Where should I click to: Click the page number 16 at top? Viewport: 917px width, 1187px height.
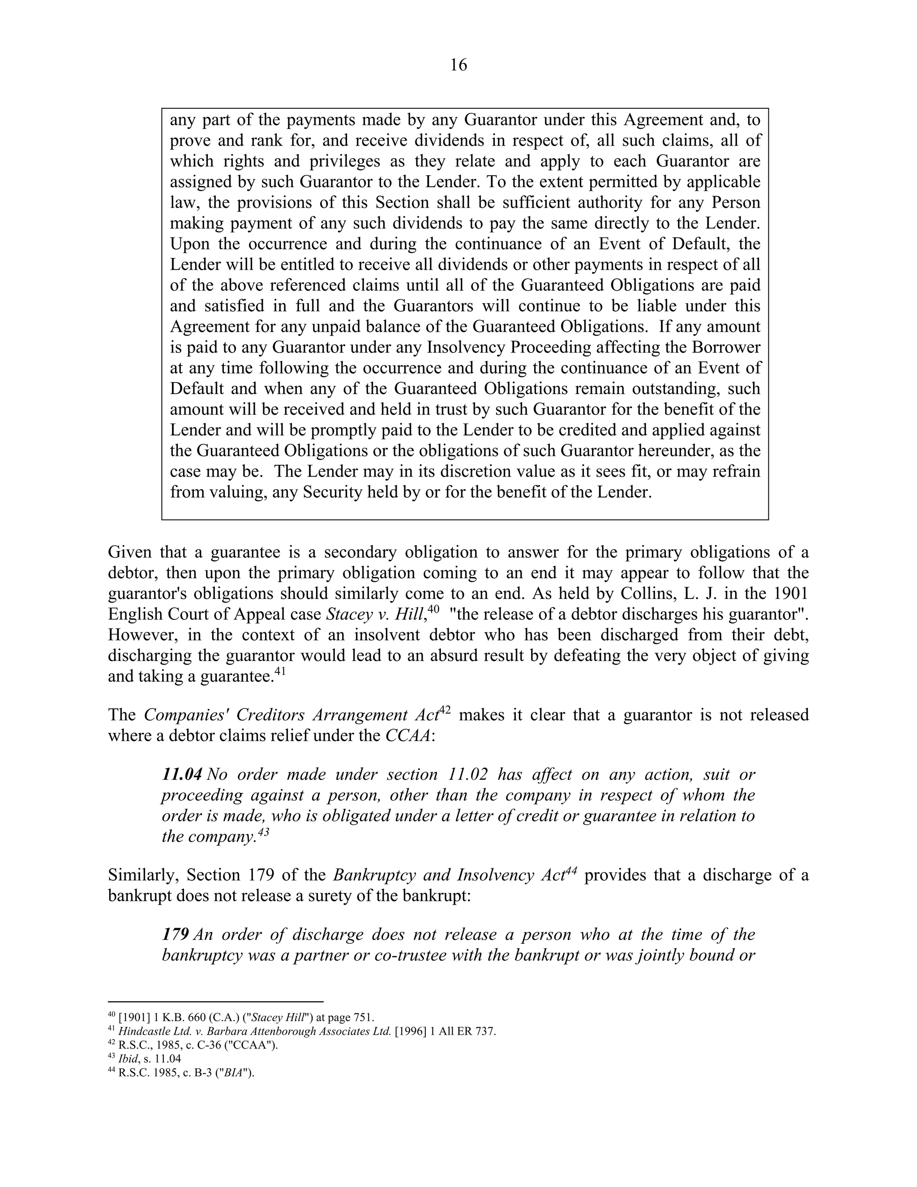click(x=458, y=65)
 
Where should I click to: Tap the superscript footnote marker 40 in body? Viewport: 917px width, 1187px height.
click(x=433, y=609)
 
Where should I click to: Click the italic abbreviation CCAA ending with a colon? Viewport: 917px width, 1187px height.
click(x=407, y=735)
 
